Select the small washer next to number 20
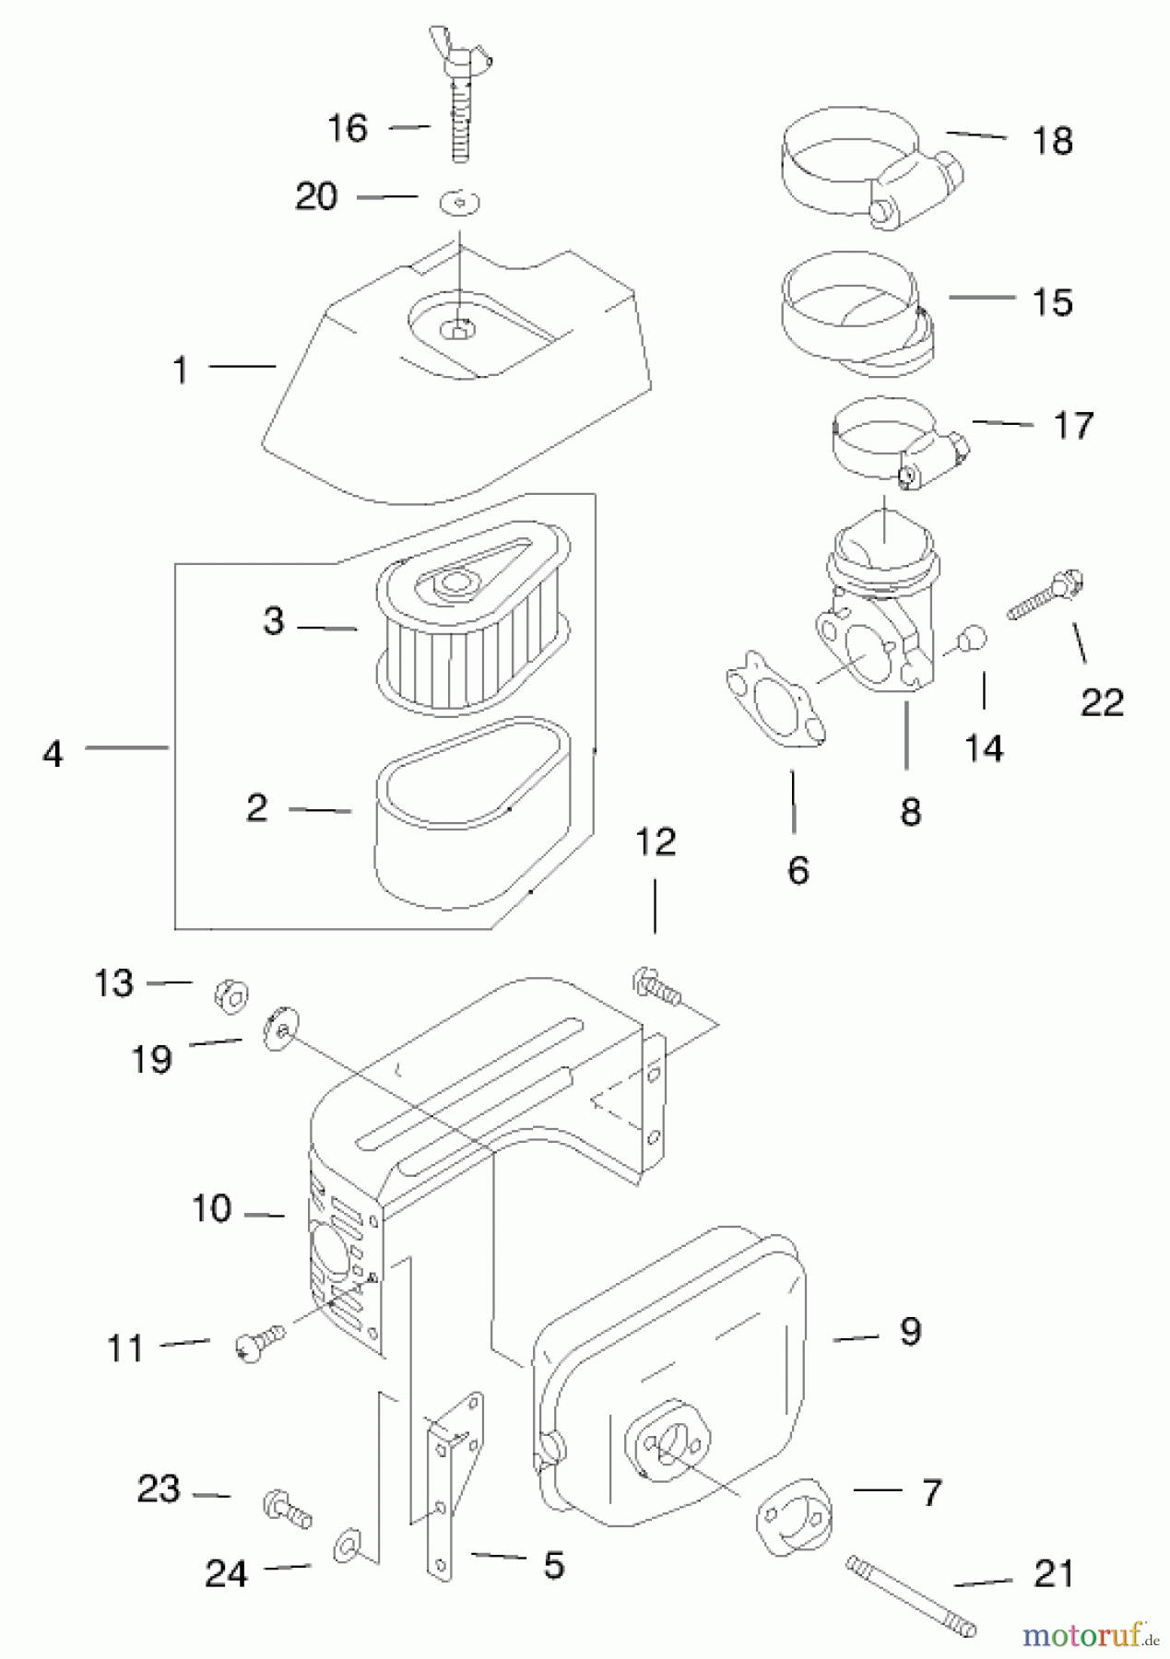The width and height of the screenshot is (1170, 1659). [x=461, y=201]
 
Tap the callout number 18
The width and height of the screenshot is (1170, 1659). [x=1052, y=141]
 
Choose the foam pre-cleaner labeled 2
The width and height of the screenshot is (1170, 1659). [x=470, y=811]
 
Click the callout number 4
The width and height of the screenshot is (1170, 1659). [x=53, y=754]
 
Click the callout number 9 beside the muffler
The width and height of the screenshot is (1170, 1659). [x=909, y=1331]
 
